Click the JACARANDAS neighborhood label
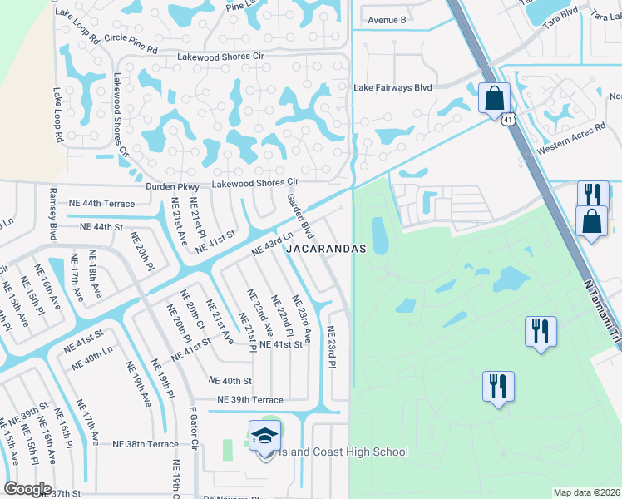[327, 249]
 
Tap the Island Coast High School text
[341, 452]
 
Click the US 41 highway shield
[506, 120]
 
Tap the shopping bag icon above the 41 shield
[493, 97]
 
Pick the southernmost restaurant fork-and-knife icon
[498, 387]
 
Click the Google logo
[27, 489]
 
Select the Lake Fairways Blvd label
[393, 87]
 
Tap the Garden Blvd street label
[299, 216]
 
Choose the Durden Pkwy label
[173, 187]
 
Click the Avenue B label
[387, 20]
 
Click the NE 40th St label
[230, 380]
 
